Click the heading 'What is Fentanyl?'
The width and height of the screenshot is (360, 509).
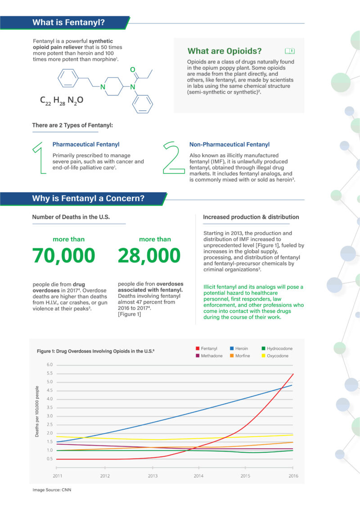click(68, 23)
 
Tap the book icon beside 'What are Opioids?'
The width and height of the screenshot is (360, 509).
click(290, 51)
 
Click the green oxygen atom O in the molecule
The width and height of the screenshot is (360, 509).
click(133, 70)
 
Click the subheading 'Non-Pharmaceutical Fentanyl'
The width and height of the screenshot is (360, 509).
click(229, 144)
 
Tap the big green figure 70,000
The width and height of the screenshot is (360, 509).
click(63, 256)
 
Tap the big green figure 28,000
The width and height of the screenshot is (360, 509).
click(149, 256)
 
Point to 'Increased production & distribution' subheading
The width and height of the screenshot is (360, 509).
click(251, 217)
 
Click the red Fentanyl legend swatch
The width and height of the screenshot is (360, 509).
click(197, 348)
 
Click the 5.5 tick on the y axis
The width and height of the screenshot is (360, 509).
click(50, 374)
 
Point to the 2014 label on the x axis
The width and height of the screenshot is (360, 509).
click(198, 476)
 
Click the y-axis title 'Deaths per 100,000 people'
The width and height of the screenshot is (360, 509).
click(37, 411)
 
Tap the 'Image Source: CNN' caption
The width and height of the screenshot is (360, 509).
click(52, 490)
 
